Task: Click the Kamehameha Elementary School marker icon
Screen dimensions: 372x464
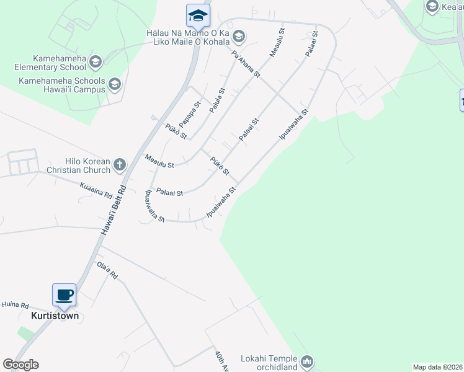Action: tap(96, 61)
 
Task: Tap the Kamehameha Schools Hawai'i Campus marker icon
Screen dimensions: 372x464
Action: tap(114, 84)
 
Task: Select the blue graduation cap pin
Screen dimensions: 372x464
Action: tap(198, 15)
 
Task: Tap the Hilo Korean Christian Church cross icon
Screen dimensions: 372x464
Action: tap(120, 165)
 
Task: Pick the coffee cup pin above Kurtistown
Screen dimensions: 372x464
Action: tap(65, 294)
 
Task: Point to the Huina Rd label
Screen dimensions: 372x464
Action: tap(16, 305)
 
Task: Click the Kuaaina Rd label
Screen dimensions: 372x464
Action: tap(96, 185)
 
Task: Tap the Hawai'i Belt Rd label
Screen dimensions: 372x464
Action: tap(114, 210)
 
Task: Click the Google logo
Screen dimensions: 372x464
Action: tap(20, 365)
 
